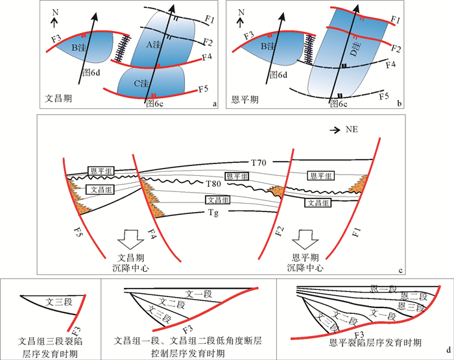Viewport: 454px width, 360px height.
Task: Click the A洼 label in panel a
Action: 155,44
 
